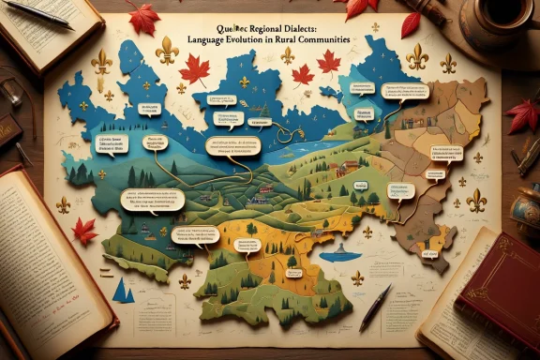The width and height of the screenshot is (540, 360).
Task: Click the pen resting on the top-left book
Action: click(x=37, y=14)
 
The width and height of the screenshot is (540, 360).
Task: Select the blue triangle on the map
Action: click(x=121, y=291)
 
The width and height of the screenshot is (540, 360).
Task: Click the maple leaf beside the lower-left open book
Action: click(x=85, y=230)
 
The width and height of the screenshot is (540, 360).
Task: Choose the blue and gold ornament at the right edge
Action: click(x=527, y=210)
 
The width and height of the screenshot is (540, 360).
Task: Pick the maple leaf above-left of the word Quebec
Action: click(x=143, y=17)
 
